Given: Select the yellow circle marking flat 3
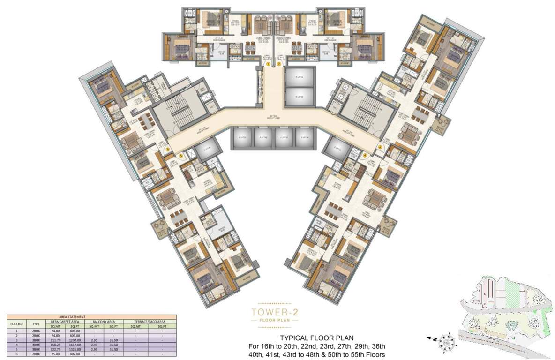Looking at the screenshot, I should coord(381,146).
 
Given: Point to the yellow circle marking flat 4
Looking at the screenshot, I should coord(365,155).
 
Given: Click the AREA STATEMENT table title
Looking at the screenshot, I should coord(91,317).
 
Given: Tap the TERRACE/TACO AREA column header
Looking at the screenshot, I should coord(148,321).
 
